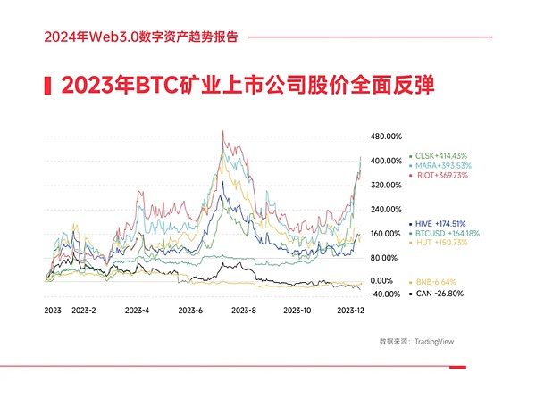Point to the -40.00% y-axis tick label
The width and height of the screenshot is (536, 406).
tap(386, 294)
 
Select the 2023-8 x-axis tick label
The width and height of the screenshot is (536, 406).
tap(243, 311)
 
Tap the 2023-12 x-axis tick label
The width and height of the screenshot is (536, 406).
tap(349, 311)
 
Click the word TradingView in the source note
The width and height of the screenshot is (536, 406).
tap(431, 341)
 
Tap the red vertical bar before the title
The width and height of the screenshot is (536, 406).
tap(46, 87)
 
